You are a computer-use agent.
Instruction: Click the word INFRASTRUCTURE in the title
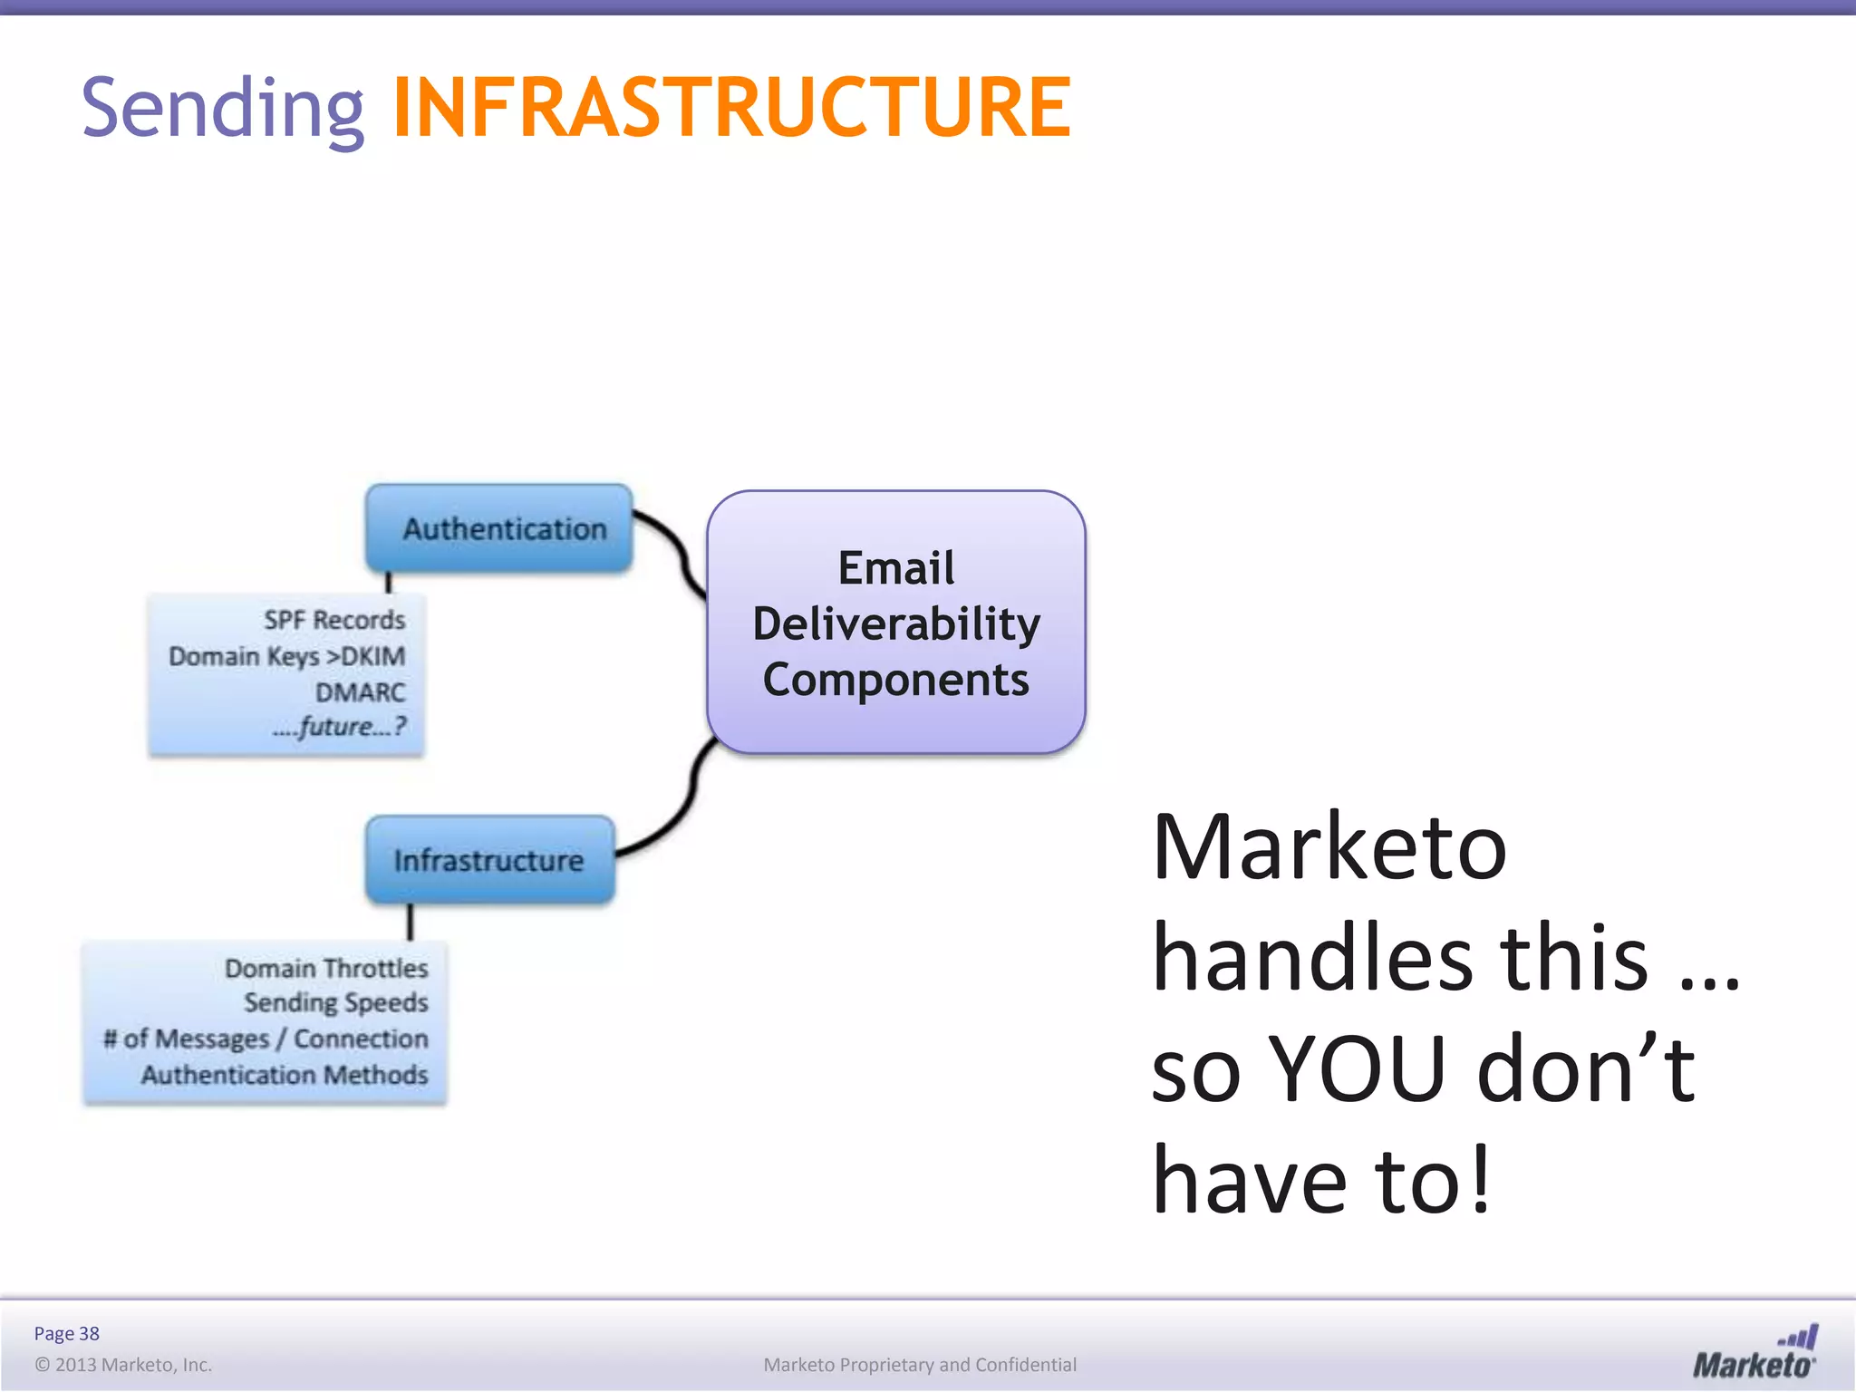[731, 109]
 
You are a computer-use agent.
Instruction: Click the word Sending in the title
[223, 109]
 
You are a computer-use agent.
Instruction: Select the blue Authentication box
[499, 528]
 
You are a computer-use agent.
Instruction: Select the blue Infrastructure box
[490, 860]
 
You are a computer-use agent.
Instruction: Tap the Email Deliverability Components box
[895, 623]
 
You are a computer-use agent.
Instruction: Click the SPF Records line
[334, 621]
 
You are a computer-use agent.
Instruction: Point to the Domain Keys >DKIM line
[287, 656]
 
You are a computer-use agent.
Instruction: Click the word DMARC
[360, 692]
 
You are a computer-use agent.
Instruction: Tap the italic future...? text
[340, 727]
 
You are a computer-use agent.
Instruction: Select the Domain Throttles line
[326, 969]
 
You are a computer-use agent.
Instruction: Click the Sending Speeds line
[336, 1003]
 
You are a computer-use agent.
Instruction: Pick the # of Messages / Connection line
[266, 1039]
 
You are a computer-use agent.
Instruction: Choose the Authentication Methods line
[285, 1075]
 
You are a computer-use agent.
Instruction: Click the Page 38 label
[66, 1333]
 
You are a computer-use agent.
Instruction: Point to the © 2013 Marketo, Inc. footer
[123, 1365]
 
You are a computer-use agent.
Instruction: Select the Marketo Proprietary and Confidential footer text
[920, 1365]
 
